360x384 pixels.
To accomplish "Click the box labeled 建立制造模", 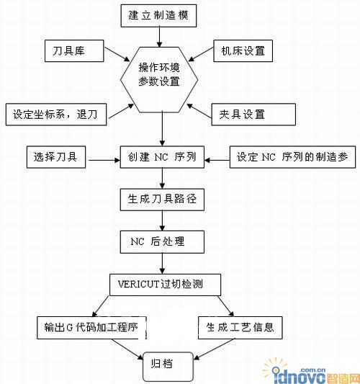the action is pyautogui.click(x=158, y=15).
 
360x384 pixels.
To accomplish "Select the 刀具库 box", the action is pyautogui.click(x=74, y=50).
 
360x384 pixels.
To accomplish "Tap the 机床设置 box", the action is pyautogui.click(x=243, y=50).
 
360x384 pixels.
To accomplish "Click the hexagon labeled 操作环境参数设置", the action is pyautogui.click(x=159, y=80).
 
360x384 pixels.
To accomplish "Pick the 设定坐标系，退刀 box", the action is pyautogui.click(x=56, y=115).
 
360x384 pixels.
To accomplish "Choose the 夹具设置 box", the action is pyautogui.click(x=253, y=115).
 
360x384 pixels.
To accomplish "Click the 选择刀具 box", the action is pyautogui.click(x=56, y=157).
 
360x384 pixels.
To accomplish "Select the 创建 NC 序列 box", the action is pyautogui.click(x=162, y=157).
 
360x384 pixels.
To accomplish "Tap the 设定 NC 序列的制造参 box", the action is pyautogui.click(x=292, y=157).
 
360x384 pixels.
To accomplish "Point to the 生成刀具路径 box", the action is pyautogui.click(x=162, y=200).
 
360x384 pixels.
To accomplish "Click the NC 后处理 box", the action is pyautogui.click(x=162, y=242).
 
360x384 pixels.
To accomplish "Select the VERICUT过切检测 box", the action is pyautogui.click(x=165, y=285).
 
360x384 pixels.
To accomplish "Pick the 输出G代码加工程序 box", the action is pyautogui.click(x=91, y=328).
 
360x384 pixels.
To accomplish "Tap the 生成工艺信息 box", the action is pyautogui.click(x=240, y=328).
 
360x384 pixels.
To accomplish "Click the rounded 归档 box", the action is pyautogui.click(x=168, y=365).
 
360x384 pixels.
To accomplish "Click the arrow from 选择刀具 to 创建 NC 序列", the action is pyautogui.click(x=104, y=161).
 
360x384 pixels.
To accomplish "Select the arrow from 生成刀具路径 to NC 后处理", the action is pyautogui.click(x=162, y=220).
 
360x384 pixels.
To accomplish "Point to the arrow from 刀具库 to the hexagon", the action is pyautogui.click(x=117, y=54).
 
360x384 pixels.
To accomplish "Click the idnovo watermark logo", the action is pyautogui.click(x=311, y=371).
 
